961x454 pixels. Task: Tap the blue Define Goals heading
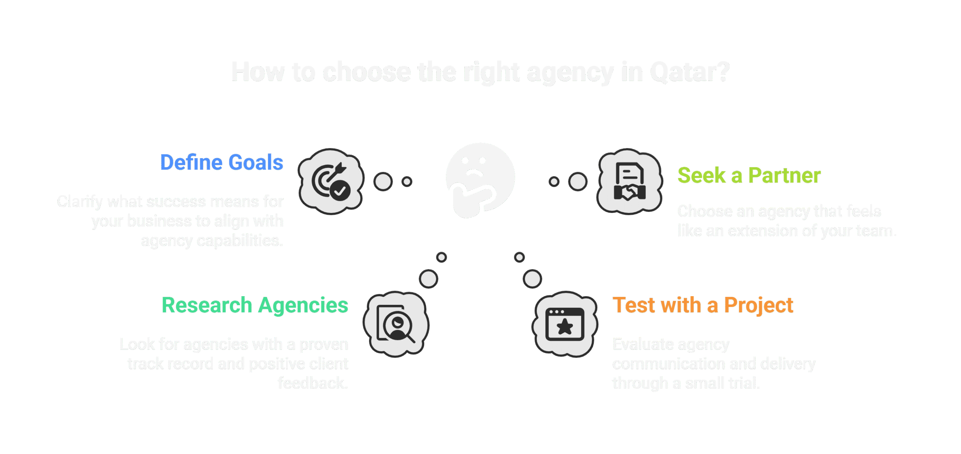(x=222, y=163)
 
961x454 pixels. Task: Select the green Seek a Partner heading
(x=749, y=175)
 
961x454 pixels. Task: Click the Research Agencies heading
(x=255, y=305)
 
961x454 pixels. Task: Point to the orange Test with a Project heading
(x=703, y=305)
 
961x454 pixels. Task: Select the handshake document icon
(x=630, y=181)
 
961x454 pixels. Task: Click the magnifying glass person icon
(x=396, y=324)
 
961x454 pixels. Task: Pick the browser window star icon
(x=565, y=324)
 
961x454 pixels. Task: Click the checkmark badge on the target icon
(x=340, y=191)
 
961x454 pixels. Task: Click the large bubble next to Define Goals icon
(x=383, y=182)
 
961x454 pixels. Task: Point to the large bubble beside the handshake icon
(x=578, y=182)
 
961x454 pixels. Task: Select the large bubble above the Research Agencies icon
(x=428, y=279)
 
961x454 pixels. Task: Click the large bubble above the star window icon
(x=532, y=279)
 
